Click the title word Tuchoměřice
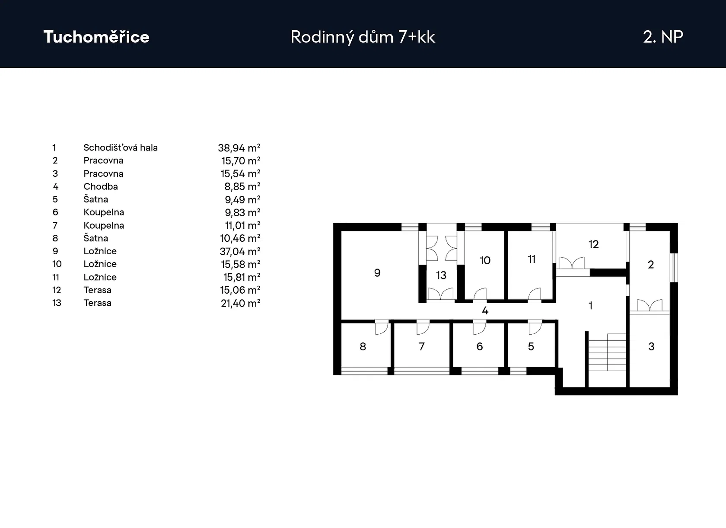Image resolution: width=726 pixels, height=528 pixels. pos(96,37)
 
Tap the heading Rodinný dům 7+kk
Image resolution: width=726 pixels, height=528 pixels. pos(363,37)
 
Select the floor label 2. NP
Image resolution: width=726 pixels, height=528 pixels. pos(663,37)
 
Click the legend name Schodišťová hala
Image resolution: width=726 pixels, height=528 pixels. pos(121,147)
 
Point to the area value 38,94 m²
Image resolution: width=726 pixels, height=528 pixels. pos(239,148)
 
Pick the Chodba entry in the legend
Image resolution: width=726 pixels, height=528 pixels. pos(100,186)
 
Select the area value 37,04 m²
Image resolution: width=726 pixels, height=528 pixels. pos(240,251)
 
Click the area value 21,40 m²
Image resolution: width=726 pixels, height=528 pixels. pos(240,303)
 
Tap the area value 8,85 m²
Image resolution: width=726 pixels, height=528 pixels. pos(242,186)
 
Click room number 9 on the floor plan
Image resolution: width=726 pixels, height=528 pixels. pos(377,273)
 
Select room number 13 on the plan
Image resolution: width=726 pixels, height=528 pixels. pos(441,275)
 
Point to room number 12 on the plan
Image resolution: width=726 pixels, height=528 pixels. pos(593,244)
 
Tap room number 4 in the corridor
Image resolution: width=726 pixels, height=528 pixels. pos(485,310)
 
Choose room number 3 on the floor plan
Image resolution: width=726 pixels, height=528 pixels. pos(651,346)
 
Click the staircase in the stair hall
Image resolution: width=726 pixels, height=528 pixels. pos(607,352)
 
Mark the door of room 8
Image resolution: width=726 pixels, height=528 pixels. pos(382,327)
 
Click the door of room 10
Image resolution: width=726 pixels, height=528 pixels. pos(480,294)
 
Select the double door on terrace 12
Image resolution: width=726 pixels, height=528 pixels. pos(572,263)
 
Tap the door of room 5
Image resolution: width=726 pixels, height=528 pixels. pos(535,327)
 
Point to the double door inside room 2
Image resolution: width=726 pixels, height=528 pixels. pos(650,305)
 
